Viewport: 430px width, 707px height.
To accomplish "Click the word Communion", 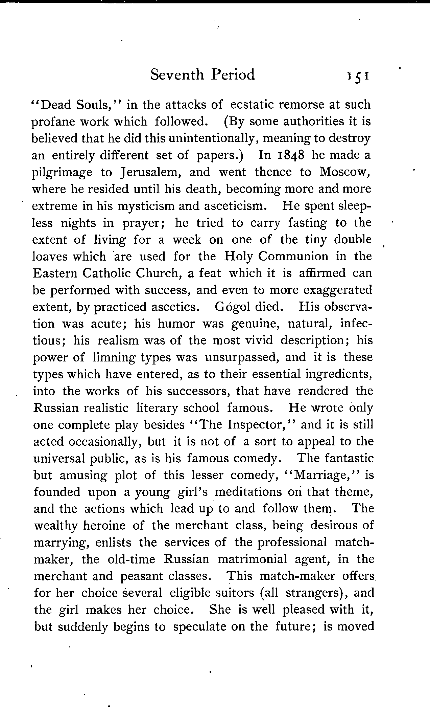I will click(x=293, y=256).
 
